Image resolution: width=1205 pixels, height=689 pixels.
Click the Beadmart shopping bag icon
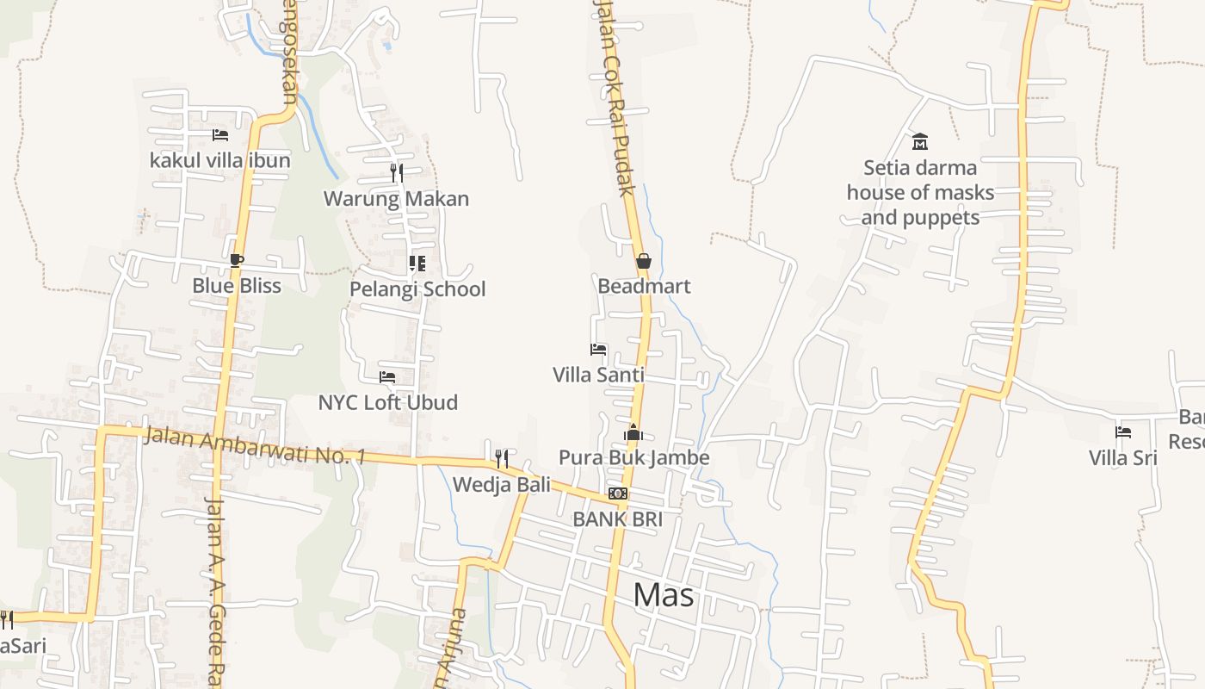click(643, 261)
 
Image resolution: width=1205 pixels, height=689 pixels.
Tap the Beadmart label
click(644, 286)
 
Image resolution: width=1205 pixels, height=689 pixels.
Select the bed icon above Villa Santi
click(598, 350)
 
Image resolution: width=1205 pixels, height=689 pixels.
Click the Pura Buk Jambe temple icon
click(633, 432)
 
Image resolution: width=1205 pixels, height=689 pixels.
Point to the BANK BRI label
click(617, 519)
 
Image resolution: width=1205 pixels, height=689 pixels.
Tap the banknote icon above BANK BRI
click(617, 493)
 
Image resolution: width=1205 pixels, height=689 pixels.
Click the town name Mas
click(664, 594)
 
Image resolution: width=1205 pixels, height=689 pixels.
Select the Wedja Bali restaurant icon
click(501, 457)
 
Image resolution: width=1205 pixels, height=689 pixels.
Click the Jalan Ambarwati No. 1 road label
click(254, 445)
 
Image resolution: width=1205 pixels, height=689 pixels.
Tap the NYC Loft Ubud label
click(387, 402)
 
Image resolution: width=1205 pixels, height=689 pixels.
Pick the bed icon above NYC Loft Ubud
click(387, 377)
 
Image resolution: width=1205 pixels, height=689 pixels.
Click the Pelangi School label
click(417, 289)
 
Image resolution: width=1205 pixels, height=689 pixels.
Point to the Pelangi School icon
click(417, 264)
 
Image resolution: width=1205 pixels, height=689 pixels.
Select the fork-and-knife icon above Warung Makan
click(396, 173)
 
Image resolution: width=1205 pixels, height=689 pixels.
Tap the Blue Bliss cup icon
click(237, 260)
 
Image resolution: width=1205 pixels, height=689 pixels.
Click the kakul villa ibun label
click(219, 160)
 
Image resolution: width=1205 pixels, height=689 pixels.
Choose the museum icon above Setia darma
click(919, 141)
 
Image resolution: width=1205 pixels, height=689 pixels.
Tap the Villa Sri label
click(1122, 457)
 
